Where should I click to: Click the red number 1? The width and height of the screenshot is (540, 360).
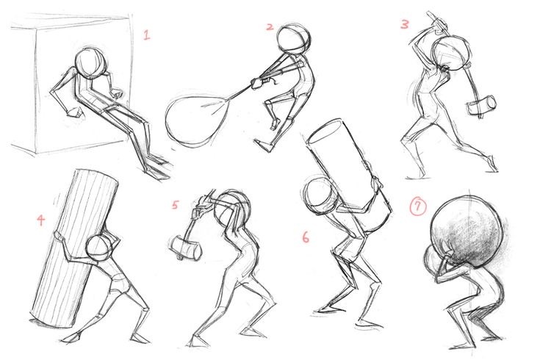click(147, 35)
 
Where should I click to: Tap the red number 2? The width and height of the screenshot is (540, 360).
click(270, 26)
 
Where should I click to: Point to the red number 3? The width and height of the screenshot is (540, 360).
click(405, 24)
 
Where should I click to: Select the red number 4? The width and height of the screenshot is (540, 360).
click(41, 220)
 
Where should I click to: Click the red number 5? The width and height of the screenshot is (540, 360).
click(175, 205)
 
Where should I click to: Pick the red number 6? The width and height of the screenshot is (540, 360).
click(306, 237)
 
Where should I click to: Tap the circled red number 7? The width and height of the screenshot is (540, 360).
click(418, 207)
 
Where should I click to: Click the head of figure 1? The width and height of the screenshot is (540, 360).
click(90, 63)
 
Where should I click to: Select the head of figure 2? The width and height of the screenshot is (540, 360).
click(293, 39)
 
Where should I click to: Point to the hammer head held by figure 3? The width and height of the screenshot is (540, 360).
click(481, 105)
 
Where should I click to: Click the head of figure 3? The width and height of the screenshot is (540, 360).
click(452, 54)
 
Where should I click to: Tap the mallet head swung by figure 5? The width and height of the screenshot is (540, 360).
click(186, 247)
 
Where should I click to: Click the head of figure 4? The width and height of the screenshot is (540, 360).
click(99, 248)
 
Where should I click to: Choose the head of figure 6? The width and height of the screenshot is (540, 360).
click(319, 195)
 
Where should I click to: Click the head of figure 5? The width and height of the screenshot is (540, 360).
click(231, 208)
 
